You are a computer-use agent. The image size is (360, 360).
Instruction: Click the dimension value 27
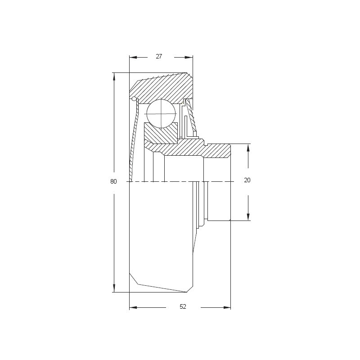tap(159, 56)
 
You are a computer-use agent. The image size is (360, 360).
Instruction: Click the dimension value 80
tap(113, 181)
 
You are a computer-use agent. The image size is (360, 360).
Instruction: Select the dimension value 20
tap(247, 180)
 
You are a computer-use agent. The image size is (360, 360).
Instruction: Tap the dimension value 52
tap(183, 306)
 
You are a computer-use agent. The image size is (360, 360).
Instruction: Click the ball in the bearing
tap(161, 114)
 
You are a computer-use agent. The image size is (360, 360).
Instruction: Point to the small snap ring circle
tap(134, 99)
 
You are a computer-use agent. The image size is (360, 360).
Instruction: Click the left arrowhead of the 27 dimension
tap(133, 58)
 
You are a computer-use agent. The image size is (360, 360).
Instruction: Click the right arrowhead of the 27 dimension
tap(189, 58)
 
